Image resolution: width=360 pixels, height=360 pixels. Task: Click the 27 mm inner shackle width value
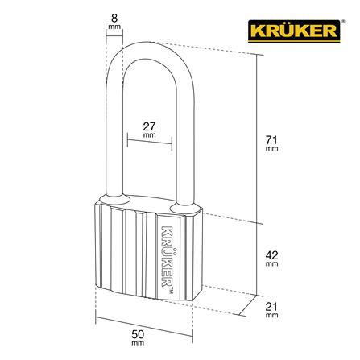pyautogui.click(x=149, y=126)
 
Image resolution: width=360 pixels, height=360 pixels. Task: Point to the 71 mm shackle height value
pyautogui.click(x=271, y=140)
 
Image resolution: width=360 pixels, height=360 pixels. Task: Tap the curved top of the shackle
pyautogui.click(x=149, y=44)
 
